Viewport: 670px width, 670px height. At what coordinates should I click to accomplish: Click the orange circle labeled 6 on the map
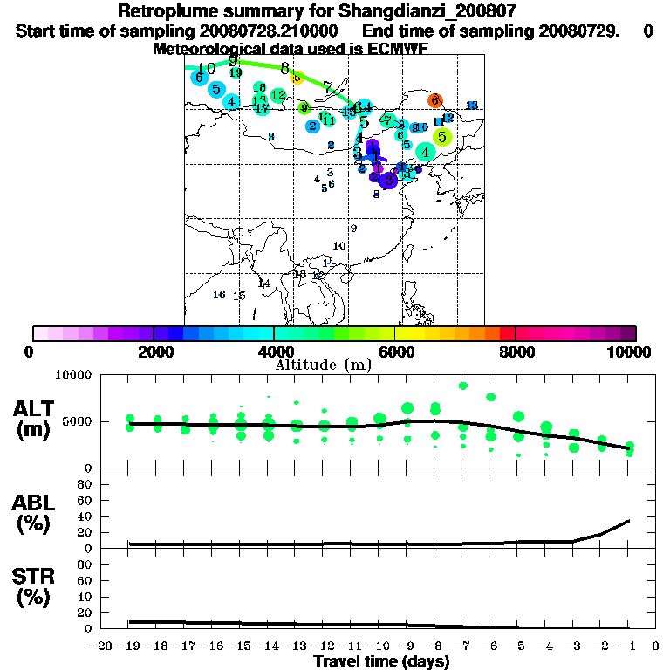(x=435, y=101)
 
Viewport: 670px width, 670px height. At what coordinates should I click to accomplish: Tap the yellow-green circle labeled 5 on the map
(x=442, y=137)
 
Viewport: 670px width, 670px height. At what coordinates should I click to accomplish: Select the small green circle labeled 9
(x=304, y=108)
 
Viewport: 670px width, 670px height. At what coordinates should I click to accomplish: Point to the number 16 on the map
(x=219, y=295)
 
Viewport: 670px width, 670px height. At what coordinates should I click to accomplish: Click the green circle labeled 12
(x=278, y=95)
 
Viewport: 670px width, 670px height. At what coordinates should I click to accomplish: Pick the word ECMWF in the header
(x=396, y=49)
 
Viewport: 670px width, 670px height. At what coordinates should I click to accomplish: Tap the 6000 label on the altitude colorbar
(x=394, y=352)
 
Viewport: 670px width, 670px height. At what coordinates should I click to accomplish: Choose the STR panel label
(x=35, y=585)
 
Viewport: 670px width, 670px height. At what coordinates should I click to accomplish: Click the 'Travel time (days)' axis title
(x=380, y=661)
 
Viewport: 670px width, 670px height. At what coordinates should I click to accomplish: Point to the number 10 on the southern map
(x=339, y=246)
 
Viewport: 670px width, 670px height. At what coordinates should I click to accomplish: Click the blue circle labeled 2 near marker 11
(x=312, y=126)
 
